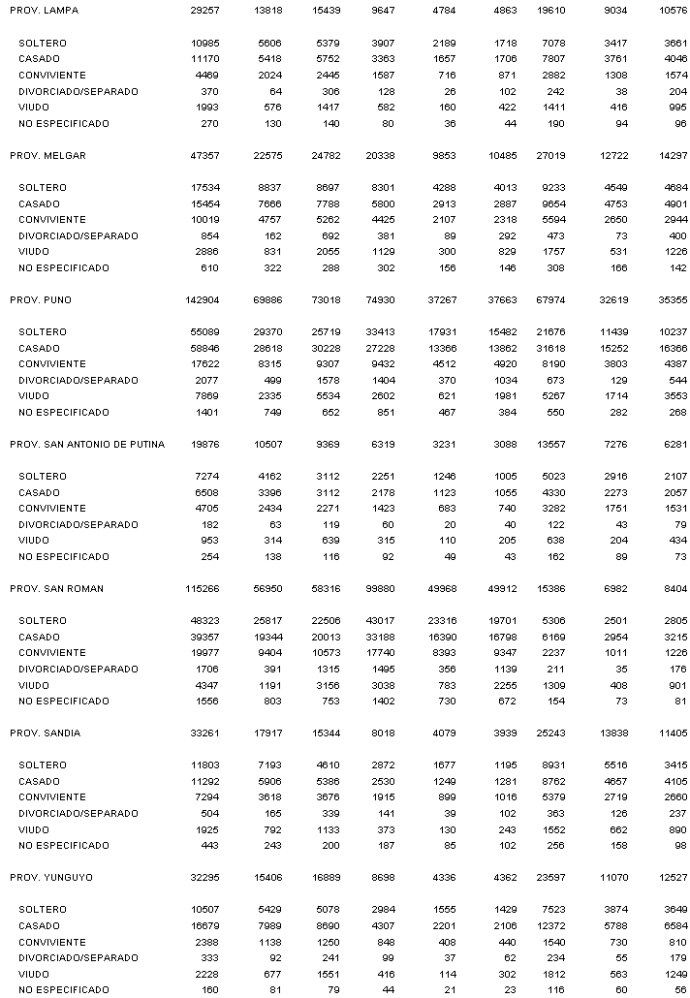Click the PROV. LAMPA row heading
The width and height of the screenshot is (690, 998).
[45, 11]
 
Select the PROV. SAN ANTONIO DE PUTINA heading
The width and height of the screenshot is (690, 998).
[87, 445]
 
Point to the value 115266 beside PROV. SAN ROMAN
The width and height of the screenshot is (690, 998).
[197, 589]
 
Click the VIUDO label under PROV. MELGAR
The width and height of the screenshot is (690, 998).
[33, 252]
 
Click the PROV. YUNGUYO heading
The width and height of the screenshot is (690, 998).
[49, 878]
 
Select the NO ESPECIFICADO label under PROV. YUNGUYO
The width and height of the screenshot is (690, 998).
[64, 990]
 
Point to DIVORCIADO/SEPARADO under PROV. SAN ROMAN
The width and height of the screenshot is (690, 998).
[78, 670]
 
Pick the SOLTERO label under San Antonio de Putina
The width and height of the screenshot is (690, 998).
[43, 477]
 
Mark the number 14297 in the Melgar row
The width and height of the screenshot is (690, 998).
[668, 156]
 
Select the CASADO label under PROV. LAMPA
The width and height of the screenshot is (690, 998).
[39, 59]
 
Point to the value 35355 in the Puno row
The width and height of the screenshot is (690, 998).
[668, 300]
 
